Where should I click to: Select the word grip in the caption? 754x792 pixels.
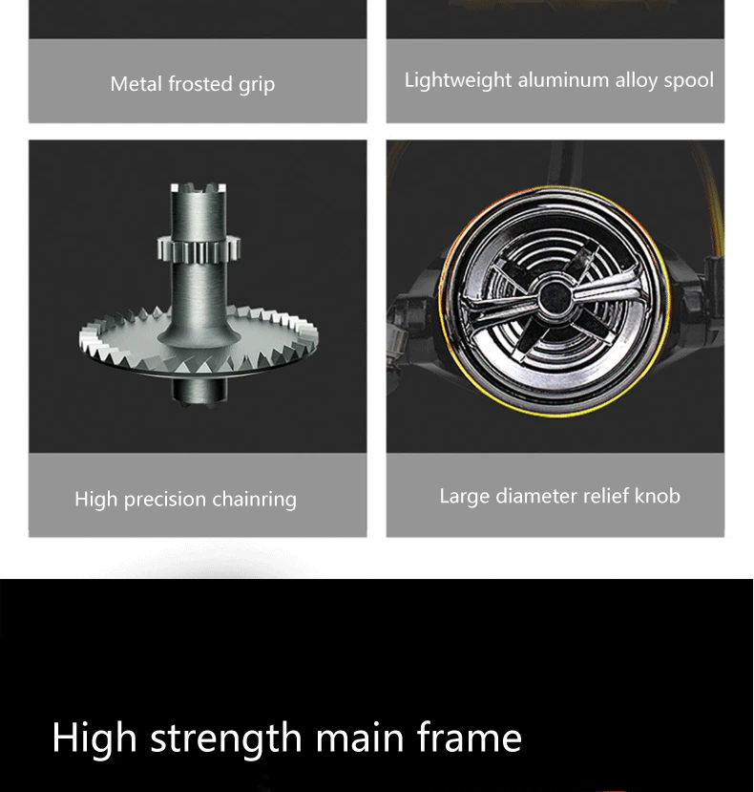click(x=257, y=85)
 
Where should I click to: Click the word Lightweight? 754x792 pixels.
click(x=458, y=81)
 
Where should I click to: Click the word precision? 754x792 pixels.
click(x=164, y=500)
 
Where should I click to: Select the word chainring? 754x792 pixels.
click(x=255, y=500)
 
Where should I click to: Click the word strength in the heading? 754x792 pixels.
click(x=226, y=738)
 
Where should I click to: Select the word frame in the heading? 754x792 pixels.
click(x=470, y=737)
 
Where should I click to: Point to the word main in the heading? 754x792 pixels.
click(x=360, y=737)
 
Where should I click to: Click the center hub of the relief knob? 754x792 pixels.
click(x=555, y=299)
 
